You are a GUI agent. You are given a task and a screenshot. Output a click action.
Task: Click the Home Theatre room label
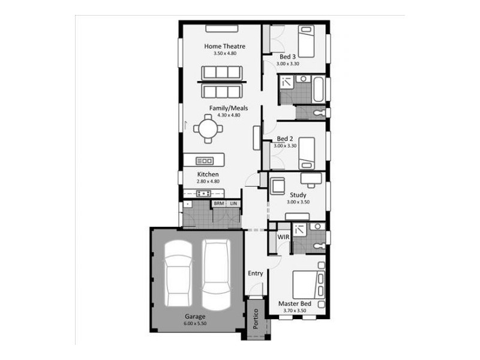224,46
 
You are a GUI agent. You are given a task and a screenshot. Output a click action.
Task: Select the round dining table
208,128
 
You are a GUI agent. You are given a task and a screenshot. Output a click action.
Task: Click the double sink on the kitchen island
205,160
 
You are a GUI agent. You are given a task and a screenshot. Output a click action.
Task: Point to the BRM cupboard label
218,204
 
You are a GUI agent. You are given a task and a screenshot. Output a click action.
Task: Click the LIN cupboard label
233,204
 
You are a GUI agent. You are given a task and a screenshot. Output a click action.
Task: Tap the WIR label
283,237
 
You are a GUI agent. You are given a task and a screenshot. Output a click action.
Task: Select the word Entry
256,274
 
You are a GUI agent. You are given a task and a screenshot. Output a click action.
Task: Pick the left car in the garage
178,275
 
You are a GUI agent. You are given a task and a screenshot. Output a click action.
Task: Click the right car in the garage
215,272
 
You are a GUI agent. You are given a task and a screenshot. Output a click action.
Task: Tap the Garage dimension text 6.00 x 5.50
195,323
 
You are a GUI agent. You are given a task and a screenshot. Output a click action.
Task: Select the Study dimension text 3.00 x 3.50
298,202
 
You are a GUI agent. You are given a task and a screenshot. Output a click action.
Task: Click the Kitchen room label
208,175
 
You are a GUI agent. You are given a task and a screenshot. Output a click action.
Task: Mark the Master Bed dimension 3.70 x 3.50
294,311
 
